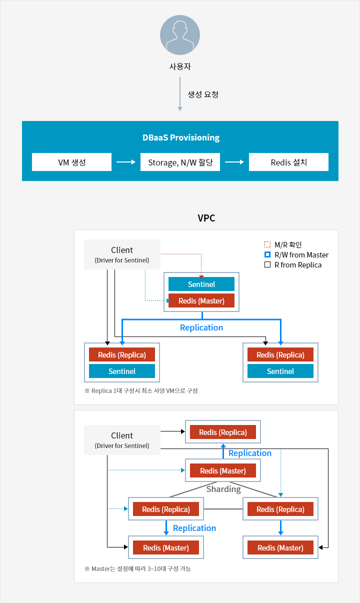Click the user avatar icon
[180, 35]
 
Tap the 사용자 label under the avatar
[180, 66]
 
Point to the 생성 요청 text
[203, 94]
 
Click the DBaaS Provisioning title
[181, 137]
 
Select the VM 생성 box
[71, 162]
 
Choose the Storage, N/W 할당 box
[180, 162]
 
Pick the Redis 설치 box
[288, 162]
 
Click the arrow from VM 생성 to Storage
[125, 162]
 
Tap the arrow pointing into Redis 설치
[234, 162]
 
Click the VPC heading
[206, 218]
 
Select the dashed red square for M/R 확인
[267, 244]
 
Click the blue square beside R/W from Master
[267, 254]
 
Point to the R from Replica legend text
[298, 265]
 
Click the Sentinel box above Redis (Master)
[201, 284]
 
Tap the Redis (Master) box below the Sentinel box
[201, 300]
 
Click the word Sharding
[224, 489]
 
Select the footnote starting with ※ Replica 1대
[141, 390]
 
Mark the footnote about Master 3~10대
[137, 568]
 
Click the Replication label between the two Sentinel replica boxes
[201, 327]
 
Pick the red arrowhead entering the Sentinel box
[201, 277]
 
